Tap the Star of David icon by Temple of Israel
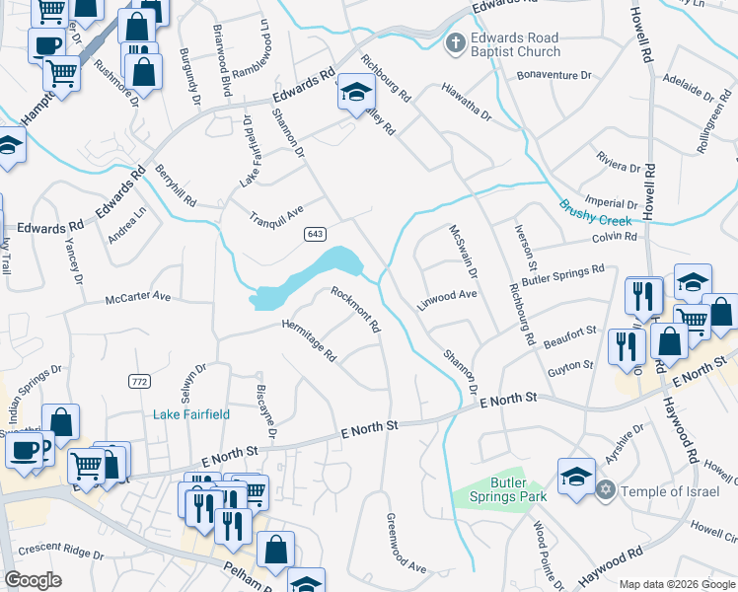[x=608, y=490]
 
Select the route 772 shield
[x=138, y=381]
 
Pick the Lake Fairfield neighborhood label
[x=191, y=415]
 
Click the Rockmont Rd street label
[x=356, y=309]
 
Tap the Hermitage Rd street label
[x=310, y=340]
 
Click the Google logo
[x=34, y=581]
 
